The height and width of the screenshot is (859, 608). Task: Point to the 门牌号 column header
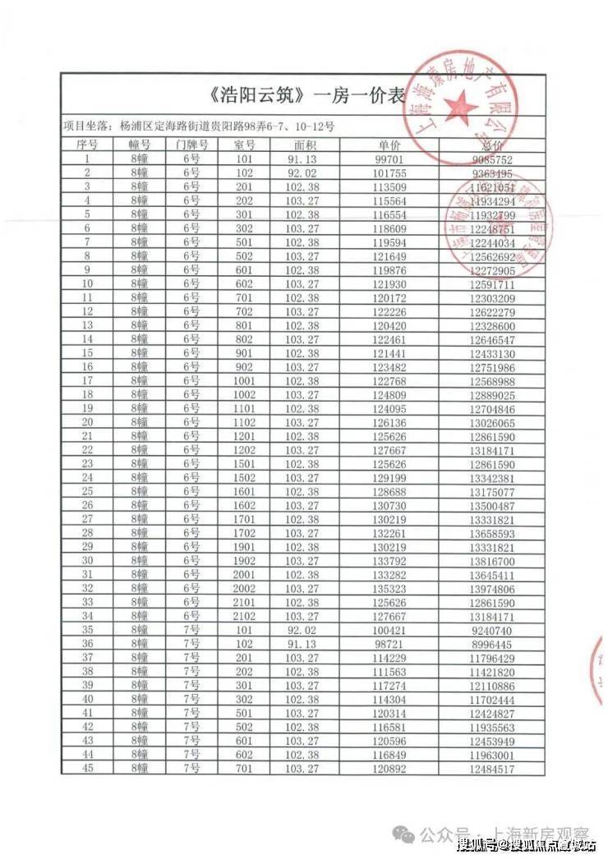pyautogui.click(x=192, y=145)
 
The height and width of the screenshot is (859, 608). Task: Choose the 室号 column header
pyautogui.click(x=244, y=145)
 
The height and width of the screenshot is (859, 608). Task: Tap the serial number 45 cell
pyautogui.click(x=87, y=769)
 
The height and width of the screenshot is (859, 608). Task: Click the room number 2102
pyautogui.click(x=244, y=615)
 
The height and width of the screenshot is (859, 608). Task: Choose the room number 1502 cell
pyautogui.click(x=244, y=477)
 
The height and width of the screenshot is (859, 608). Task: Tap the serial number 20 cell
pyautogui.click(x=87, y=421)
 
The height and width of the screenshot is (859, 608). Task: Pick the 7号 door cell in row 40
pyautogui.click(x=192, y=699)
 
